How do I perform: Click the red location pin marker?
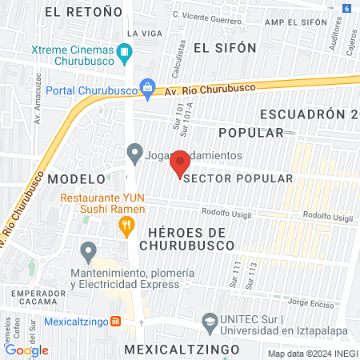point(180,163)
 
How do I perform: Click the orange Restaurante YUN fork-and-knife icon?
point(125,226)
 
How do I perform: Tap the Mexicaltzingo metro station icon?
point(115,322)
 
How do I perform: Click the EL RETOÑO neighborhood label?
point(85,12)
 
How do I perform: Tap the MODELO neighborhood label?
point(76,178)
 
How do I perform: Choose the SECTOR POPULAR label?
point(238,178)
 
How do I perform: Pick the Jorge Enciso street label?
point(308,303)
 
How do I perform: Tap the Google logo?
point(26,350)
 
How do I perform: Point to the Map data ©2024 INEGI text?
point(313,354)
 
